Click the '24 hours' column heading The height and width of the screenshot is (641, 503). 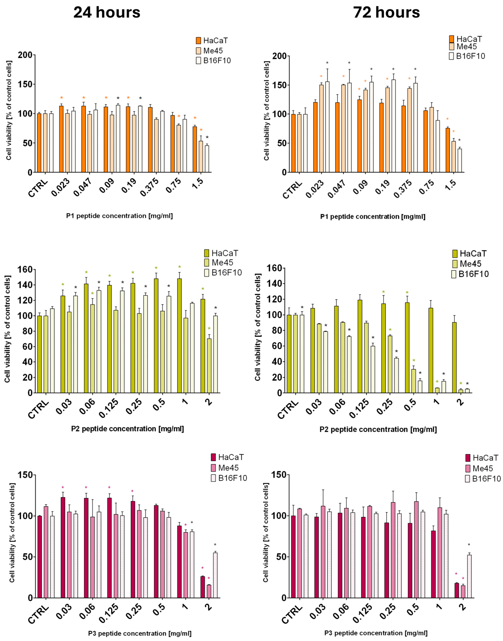[x=107, y=13]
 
